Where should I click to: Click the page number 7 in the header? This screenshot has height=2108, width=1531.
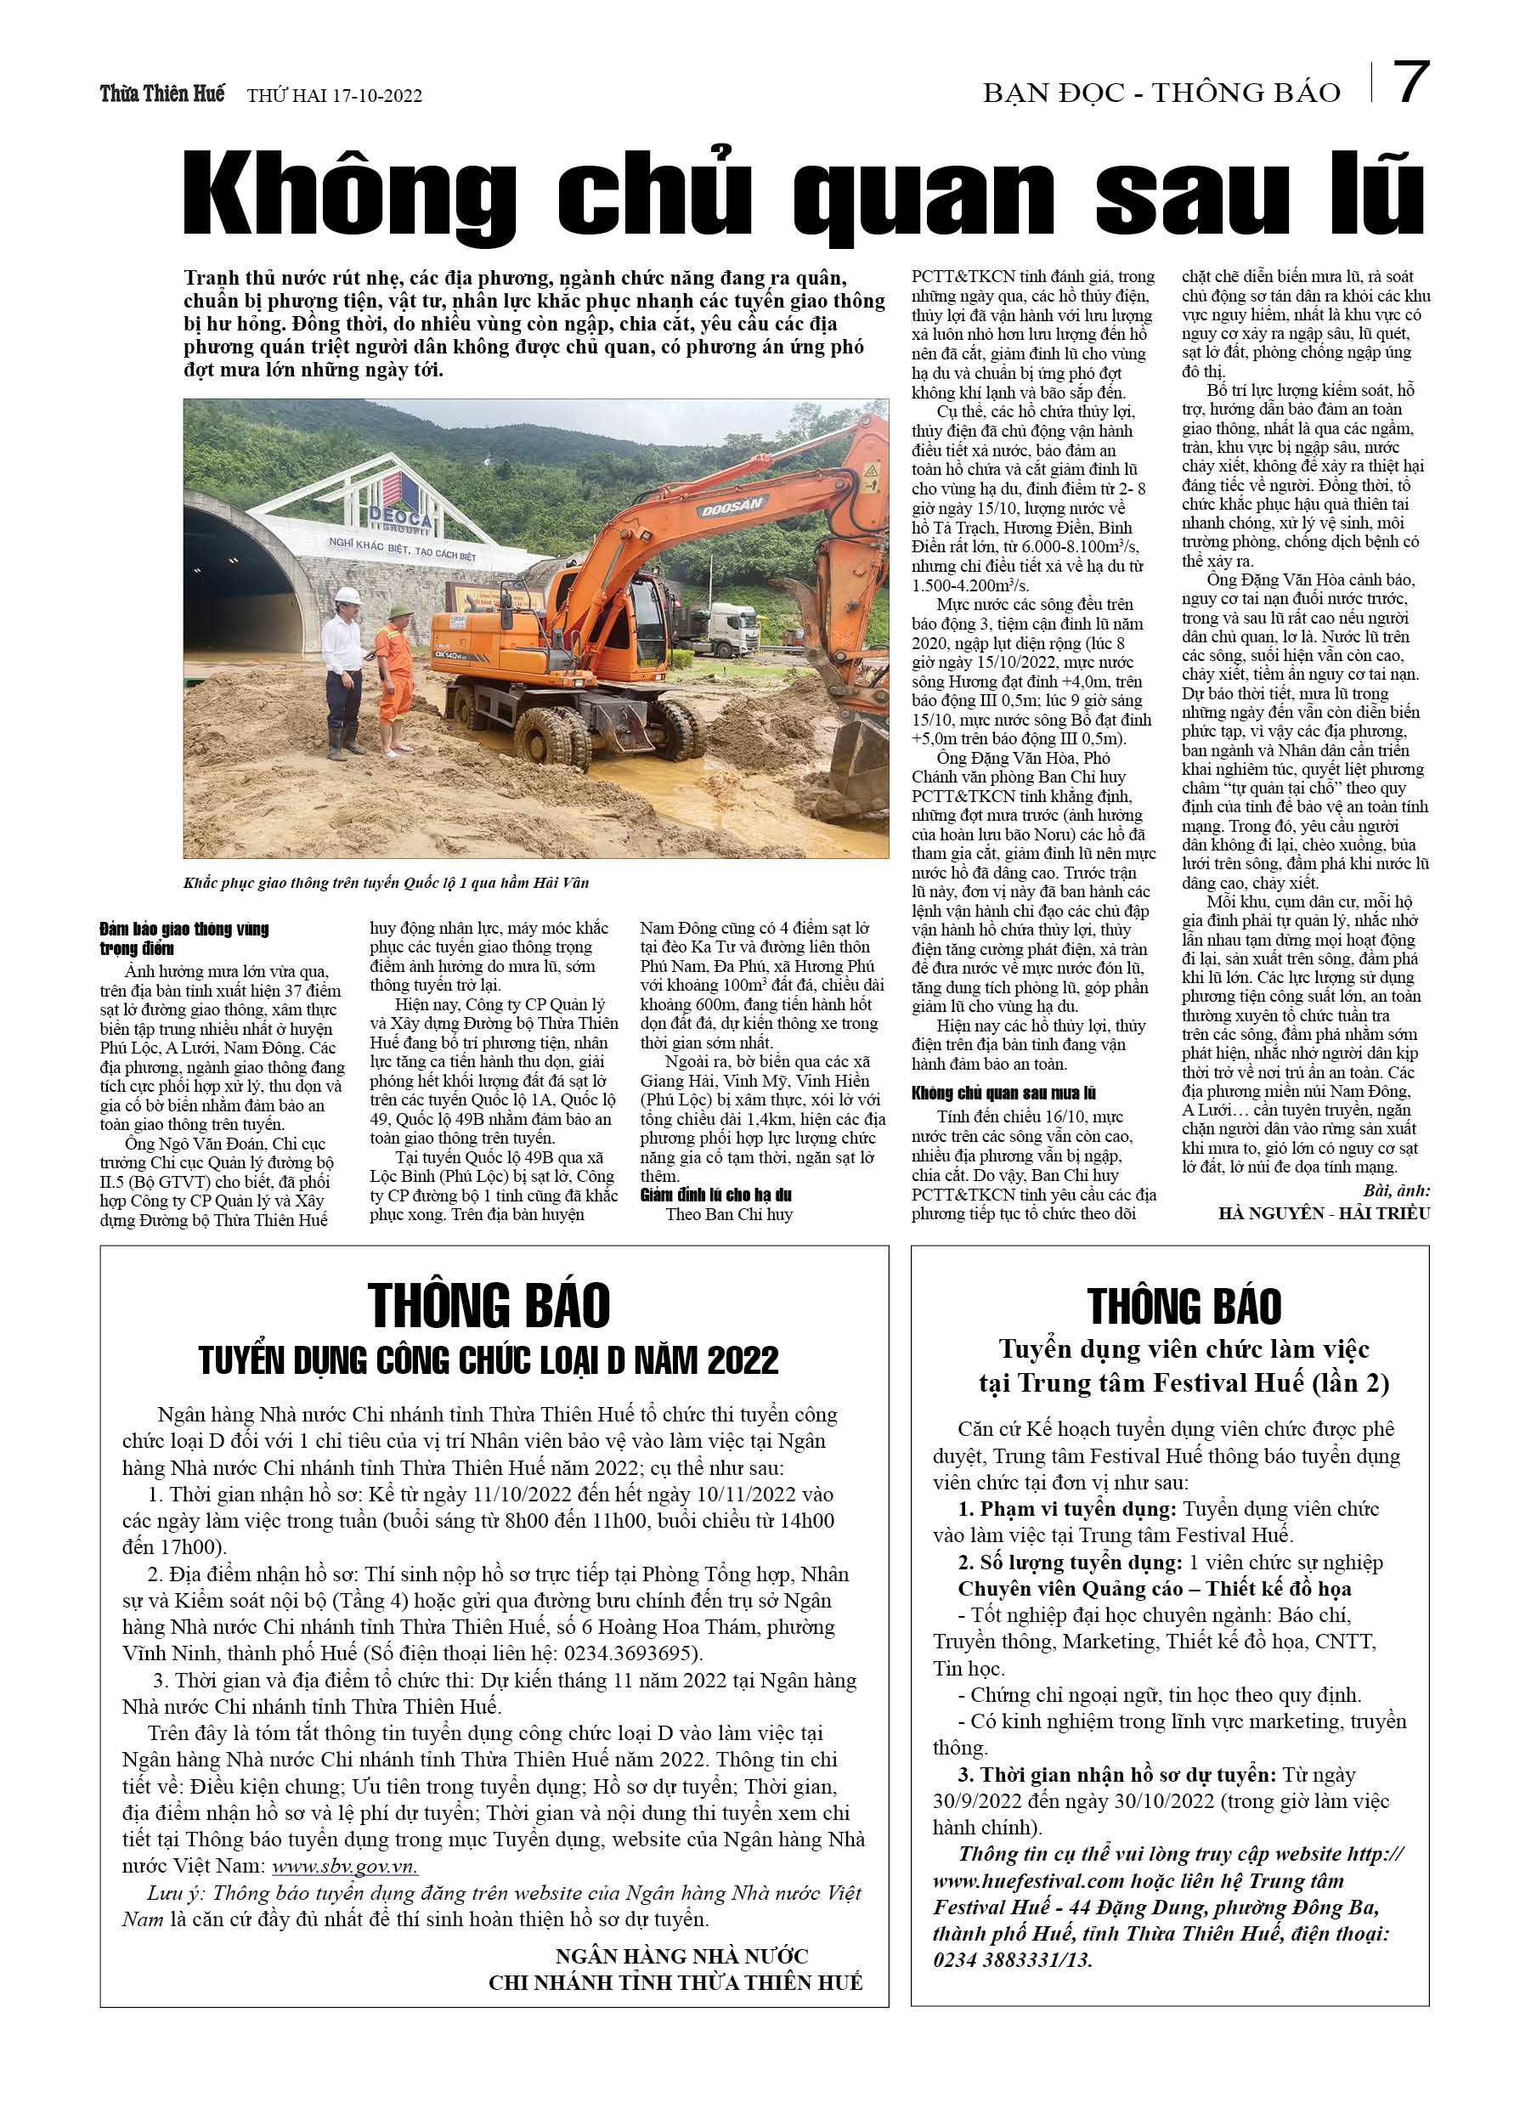click(1411, 83)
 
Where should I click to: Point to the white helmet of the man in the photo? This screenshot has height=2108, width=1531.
click(347, 596)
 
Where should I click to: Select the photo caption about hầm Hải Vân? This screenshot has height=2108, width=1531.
click(386, 882)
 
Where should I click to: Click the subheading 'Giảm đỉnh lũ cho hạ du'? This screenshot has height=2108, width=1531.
click(715, 1195)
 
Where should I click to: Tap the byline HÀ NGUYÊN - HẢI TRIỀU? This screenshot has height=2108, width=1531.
click(1324, 1213)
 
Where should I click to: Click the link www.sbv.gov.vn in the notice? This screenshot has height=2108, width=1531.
click(344, 1867)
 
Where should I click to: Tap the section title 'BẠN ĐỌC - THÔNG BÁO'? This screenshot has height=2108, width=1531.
click(1161, 93)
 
